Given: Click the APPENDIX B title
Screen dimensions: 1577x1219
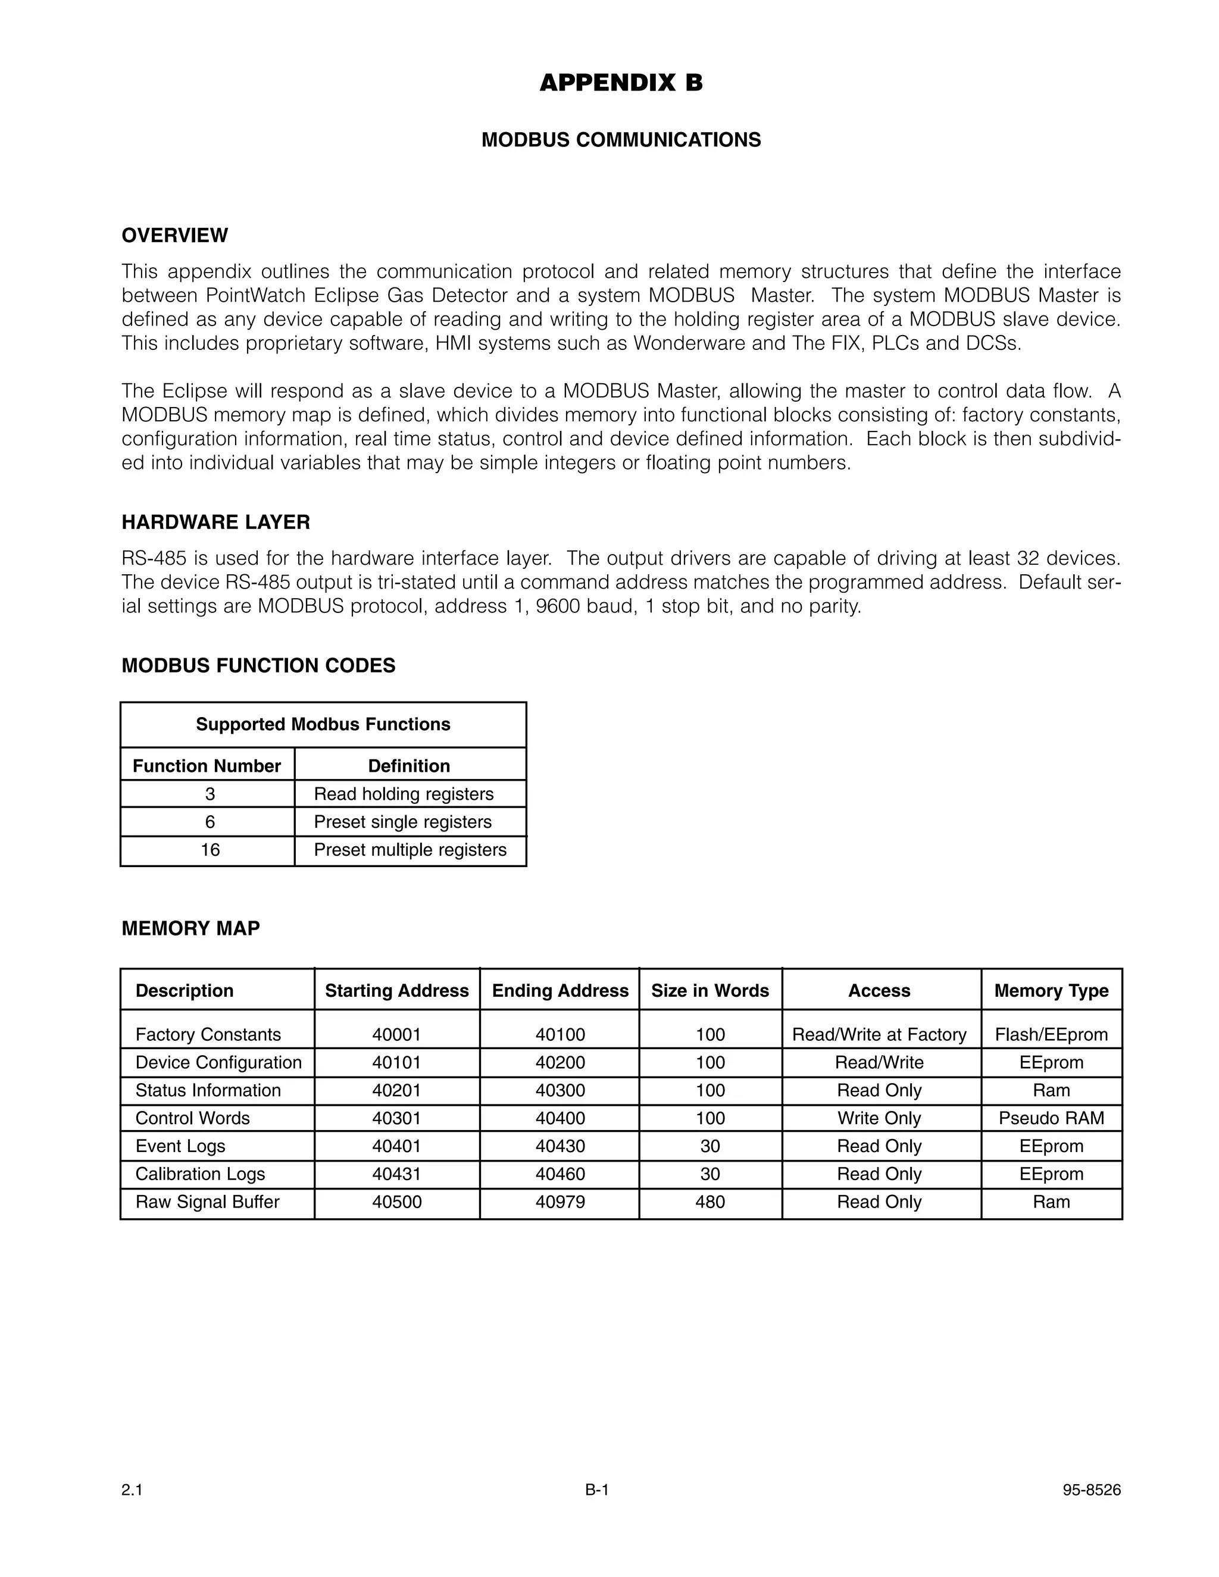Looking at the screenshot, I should (620, 83).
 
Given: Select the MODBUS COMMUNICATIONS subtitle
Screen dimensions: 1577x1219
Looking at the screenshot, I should (620, 140).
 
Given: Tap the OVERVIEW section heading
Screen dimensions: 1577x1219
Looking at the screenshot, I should (175, 236).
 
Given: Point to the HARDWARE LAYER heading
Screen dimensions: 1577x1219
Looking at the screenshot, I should (215, 522).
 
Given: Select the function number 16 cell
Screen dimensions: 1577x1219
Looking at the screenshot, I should (210, 850).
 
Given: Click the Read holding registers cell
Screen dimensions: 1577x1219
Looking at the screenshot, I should (403, 794).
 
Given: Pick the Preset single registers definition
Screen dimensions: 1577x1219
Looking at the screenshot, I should (402, 822).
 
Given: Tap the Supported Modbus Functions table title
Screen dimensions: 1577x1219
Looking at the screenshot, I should (323, 724).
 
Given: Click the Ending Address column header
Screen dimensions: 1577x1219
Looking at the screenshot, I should (560, 991).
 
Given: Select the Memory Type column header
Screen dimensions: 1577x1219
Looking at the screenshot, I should (1051, 991).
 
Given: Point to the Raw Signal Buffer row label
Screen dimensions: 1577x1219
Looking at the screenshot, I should (207, 1202).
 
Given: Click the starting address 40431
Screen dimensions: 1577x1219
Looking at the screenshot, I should (396, 1174).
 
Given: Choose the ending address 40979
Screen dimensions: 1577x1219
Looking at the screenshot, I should (560, 1202).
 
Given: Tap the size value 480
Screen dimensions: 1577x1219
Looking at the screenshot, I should (710, 1202).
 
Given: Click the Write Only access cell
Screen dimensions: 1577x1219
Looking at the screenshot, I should (879, 1119).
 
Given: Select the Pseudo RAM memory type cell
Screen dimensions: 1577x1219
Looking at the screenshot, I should (1051, 1119).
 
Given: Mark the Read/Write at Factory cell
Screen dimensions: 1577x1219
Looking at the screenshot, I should (879, 1035).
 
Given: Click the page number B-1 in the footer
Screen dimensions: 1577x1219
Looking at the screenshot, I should (597, 1490).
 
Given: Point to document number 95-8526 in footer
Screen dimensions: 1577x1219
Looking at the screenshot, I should (1091, 1490).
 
